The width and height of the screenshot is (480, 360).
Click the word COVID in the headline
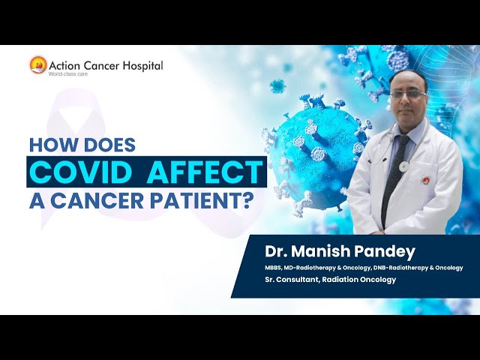tap(79, 172)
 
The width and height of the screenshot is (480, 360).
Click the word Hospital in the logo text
tap(139, 64)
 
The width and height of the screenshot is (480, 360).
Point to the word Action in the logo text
tap(64, 64)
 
